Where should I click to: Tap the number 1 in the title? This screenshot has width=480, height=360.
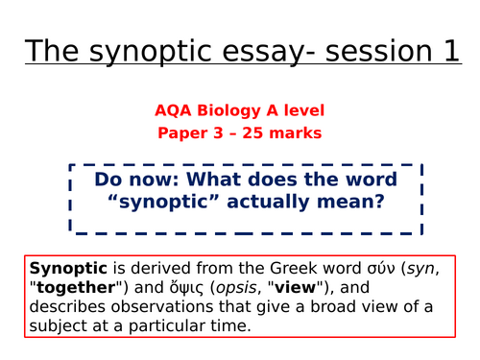coord(450,51)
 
